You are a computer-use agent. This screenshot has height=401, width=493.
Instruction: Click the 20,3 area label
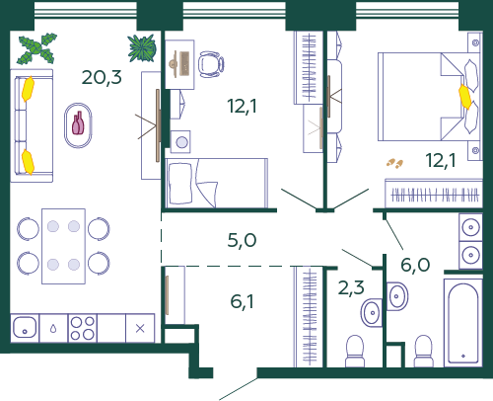point(102,77)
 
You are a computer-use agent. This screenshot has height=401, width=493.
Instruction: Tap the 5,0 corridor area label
point(242,240)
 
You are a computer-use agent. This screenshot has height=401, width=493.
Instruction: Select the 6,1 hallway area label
point(242,301)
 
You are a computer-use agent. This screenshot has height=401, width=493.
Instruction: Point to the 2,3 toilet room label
point(351,287)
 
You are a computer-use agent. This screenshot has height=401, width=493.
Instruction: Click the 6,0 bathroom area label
point(415,265)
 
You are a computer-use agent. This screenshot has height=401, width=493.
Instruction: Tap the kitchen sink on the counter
point(25,328)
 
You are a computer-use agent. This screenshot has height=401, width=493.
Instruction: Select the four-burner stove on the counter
point(83,328)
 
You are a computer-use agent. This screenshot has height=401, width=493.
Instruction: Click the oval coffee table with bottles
point(78,125)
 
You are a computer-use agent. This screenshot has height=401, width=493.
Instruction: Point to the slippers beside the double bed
point(394,163)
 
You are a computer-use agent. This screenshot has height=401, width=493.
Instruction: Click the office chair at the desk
point(211,64)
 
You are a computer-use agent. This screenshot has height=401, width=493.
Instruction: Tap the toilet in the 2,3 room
point(355,351)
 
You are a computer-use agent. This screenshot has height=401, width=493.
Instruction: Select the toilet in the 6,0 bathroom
point(424,351)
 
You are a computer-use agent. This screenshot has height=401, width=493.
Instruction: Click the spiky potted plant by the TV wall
point(142,48)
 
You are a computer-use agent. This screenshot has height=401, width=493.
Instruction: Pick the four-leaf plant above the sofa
point(36,48)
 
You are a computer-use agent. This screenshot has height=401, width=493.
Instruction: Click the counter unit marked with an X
point(140,328)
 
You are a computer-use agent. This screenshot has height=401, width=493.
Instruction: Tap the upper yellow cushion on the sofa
point(28,89)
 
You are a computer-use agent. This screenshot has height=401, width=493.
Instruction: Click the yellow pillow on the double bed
point(465,97)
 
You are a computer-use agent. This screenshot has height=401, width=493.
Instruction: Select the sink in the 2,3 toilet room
point(372,312)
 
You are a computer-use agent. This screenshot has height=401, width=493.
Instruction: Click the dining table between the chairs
point(63,246)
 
